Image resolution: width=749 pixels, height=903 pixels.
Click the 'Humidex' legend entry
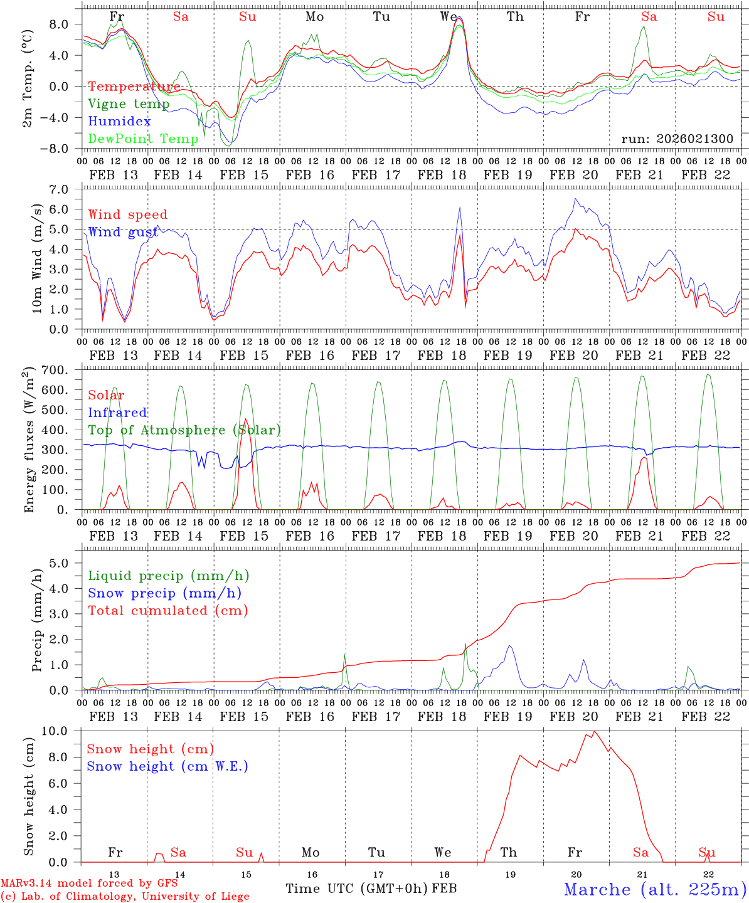[x=120, y=122]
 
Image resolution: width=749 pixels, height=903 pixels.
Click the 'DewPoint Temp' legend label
[x=143, y=139]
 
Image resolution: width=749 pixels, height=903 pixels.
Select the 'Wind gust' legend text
[x=123, y=232]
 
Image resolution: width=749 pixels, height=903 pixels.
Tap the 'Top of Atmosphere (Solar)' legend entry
[x=184, y=430]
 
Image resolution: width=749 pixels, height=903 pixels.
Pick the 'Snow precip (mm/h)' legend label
[x=165, y=593]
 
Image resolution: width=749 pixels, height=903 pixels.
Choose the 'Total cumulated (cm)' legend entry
[x=168, y=610]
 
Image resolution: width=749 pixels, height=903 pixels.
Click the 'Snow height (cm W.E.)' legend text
[x=167, y=766]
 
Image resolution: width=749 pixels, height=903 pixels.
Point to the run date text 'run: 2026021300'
[x=677, y=139]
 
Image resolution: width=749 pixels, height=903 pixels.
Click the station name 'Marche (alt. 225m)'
[x=655, y=889]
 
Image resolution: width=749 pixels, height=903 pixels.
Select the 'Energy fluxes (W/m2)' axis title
[x=28, y=440]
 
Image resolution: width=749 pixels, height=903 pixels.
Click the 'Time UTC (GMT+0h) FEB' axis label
[x=371, y=889]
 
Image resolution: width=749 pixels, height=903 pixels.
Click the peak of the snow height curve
[x=594, y=731]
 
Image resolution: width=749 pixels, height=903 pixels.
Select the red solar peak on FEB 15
[x=245, y=419]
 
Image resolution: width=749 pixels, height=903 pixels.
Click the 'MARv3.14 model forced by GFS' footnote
[x=89, y=884]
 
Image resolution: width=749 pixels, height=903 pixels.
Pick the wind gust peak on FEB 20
[x=575, y=199]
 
